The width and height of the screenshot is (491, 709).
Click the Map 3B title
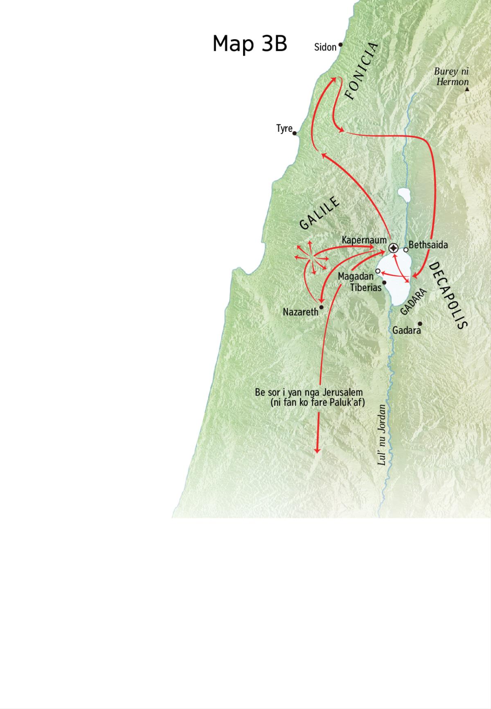click(x=250, y=43)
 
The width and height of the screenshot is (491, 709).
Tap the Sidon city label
click(x=325, y=47)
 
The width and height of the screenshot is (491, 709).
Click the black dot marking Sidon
click(x=340, y=45)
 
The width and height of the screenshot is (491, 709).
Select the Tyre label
click(x=284, y=128)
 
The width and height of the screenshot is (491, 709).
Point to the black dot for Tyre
click(x=295, y=133)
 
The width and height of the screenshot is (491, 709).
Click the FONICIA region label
click(x=362, y=72)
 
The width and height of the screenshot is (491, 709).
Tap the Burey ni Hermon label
click(x=452, y=77)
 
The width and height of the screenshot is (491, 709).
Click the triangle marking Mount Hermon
click(x=467, y=88)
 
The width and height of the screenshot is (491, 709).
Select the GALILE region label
click(x=320, y=213)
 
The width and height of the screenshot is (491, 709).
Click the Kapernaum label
click(x=364, y=240)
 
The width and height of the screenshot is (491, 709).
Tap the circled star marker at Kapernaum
click(x=393, y=248)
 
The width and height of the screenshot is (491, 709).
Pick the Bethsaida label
click(x=428, y=245)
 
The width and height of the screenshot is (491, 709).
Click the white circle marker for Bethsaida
click(x=405, y=250)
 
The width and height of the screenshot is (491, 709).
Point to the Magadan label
click(x=356, y=277)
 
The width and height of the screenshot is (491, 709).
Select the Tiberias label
click(x=365, y=287)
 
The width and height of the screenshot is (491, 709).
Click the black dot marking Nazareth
click(x=322, y=307)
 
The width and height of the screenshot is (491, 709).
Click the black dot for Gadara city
click(x=420, y=324)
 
